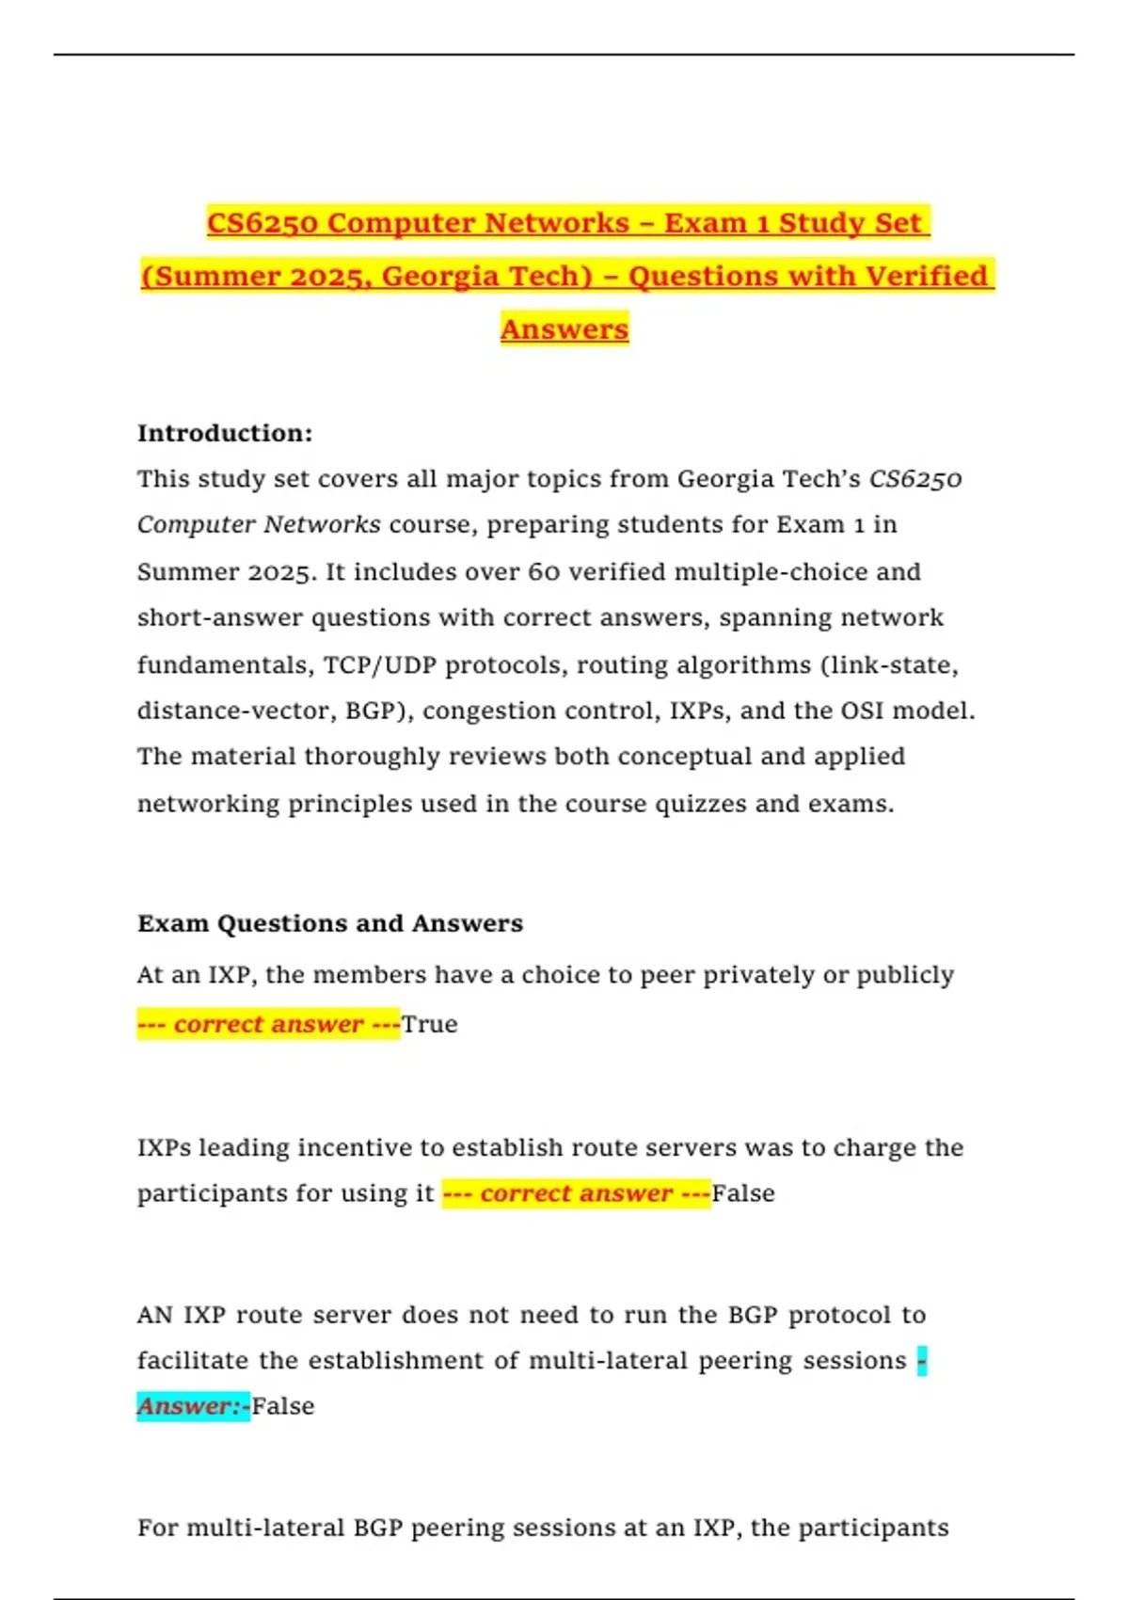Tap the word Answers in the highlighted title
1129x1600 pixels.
coord(564,329)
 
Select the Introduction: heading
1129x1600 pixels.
coord(225,433)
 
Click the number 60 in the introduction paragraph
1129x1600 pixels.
coord(543,571)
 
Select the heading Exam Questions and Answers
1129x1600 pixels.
coord(330,923)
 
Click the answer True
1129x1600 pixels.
coord(430,1024)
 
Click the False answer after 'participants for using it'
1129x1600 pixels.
coord(743,1193)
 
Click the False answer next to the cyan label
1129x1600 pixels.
coord(283,1406)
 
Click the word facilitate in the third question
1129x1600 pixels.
coord(194,1361)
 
